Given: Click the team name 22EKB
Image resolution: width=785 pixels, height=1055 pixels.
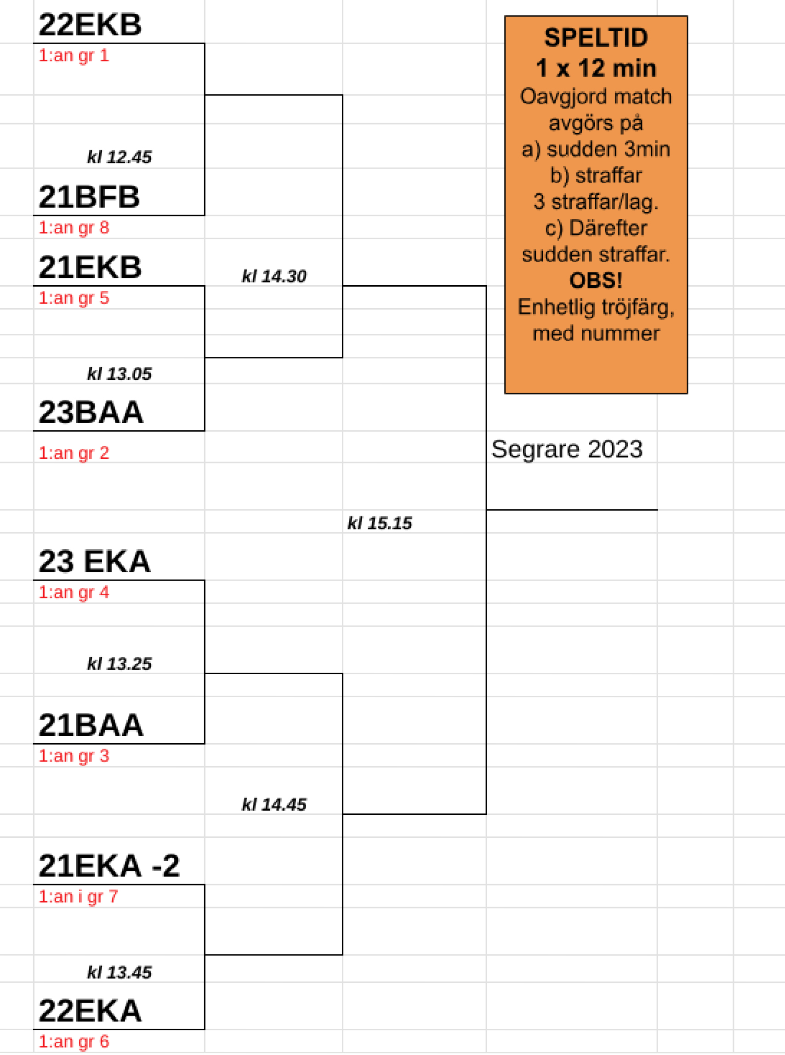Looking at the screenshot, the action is [x=90, y=25].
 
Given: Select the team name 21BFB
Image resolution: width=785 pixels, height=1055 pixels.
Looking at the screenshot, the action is [x=89, y=197].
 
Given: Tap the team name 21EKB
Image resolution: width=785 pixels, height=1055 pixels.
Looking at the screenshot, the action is [x=90, y=267].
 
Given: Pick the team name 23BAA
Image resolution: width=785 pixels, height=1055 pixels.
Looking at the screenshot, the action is [x=91, y=412].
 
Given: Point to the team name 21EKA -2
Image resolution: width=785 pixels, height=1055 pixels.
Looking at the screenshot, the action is [x=109, y=866].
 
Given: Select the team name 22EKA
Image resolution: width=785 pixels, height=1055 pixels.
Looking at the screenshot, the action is [x=90, y=1011].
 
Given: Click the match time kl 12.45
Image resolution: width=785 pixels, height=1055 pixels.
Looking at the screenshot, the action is [x=119, y=157].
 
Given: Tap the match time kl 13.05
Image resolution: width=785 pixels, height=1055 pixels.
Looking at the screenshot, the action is [x=119, y=374].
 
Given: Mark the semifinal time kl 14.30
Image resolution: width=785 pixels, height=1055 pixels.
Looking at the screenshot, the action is [x=274, y=276].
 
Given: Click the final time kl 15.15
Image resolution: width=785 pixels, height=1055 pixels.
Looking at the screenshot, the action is [x=380, y=523].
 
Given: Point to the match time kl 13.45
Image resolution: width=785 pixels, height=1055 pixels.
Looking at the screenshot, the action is [x=119, y=972].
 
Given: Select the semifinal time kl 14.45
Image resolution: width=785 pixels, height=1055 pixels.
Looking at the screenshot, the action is [x=274, y=805].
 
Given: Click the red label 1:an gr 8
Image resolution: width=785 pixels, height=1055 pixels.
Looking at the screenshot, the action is [x=74, y=228].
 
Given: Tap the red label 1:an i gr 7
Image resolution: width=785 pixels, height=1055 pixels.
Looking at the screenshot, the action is [x=79, y=897].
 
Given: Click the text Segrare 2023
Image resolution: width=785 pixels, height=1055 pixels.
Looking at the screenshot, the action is [x=567, y=449].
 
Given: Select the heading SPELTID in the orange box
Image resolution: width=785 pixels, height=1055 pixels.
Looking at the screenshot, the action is [x=596, y=38].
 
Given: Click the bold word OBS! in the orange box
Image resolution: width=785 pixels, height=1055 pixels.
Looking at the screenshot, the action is [x=596, y=281].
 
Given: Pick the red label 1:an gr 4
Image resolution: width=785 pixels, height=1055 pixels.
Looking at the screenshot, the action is [x=74, y=592].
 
